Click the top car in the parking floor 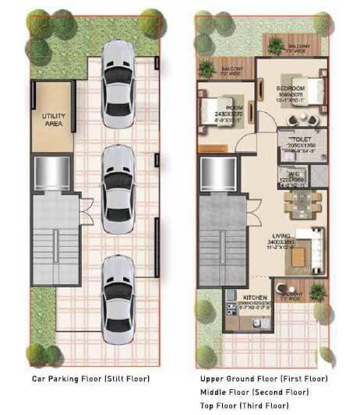[118, 69]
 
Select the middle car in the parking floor [118, 184]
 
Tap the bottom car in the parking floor [118, 299]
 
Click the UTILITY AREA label [52, 119]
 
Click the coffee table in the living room [298, 255]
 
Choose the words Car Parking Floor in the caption [70, 378]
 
